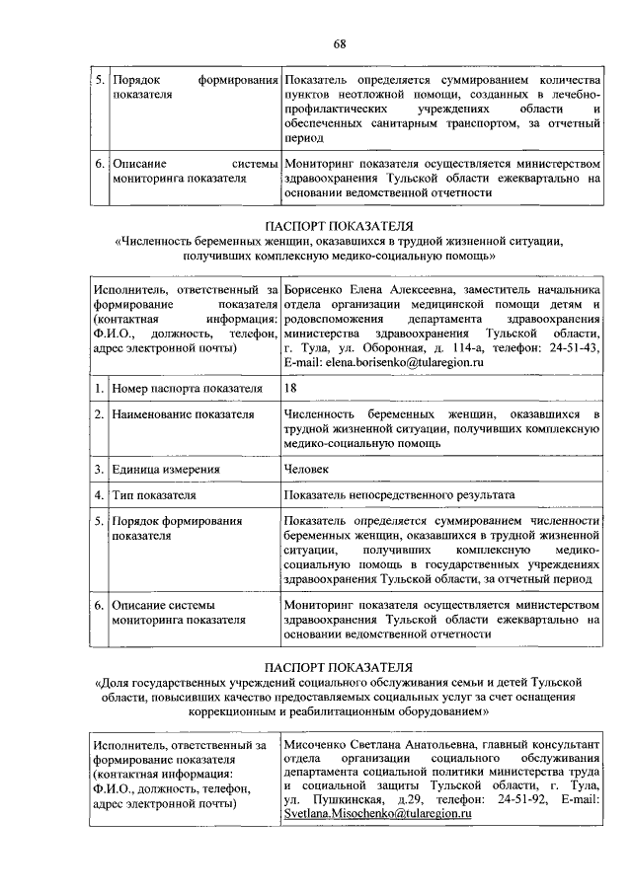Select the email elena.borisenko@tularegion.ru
(x=383, y=364)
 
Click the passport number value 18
(x=290, y=389)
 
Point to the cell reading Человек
(x=306, y=469)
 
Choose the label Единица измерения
(x=166, y=469)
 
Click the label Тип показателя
(x=153, y=494)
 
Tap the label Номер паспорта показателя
(x=187, y=389)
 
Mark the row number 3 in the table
(x=99, y=469)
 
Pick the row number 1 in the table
(x=99, y=389)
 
